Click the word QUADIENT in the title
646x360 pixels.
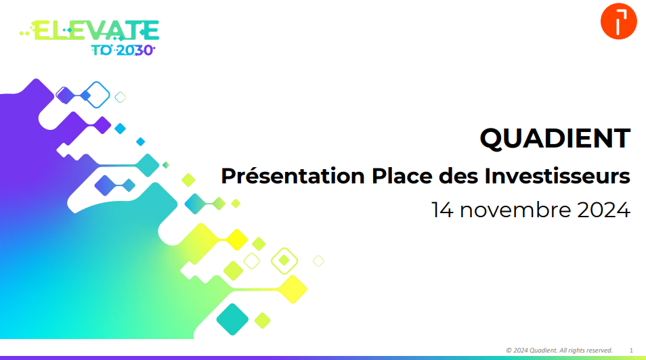point(555,139)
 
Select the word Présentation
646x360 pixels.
point(293,177)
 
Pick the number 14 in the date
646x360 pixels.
point(444,210)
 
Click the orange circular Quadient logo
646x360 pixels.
point(618,22)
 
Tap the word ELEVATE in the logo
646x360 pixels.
point(95,30)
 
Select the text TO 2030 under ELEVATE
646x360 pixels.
point(122,49)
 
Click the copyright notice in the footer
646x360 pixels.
point(559,350)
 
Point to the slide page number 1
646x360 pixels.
point(631,350)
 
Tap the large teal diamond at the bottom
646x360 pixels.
point(233,319)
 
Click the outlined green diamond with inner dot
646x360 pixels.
point(284,260)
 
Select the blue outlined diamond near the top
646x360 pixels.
point(99,94)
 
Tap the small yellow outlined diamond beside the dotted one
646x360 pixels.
point(252,261)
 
